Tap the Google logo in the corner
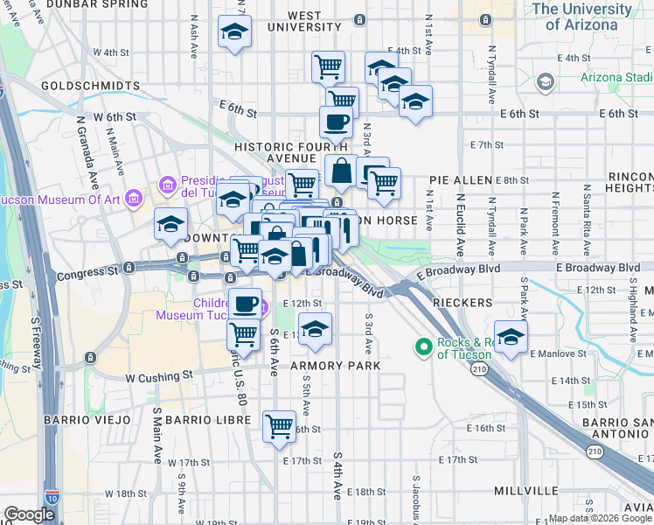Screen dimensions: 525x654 tap(29, 514)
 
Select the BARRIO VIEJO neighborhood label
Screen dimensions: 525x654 tap(88, 420)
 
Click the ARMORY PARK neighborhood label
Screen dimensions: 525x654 tap(336, 366)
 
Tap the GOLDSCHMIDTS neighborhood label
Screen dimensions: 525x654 tap(90, 87)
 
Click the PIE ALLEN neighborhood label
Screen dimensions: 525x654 tap(461, 180)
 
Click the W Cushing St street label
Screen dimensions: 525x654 tap(158, 376)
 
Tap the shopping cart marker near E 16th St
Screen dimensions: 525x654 tap(280, 426)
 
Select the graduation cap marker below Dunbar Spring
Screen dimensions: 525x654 tap(233, 32)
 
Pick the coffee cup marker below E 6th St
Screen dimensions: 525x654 tap(336, 122)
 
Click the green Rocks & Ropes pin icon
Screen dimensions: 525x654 tap(424, 347)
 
